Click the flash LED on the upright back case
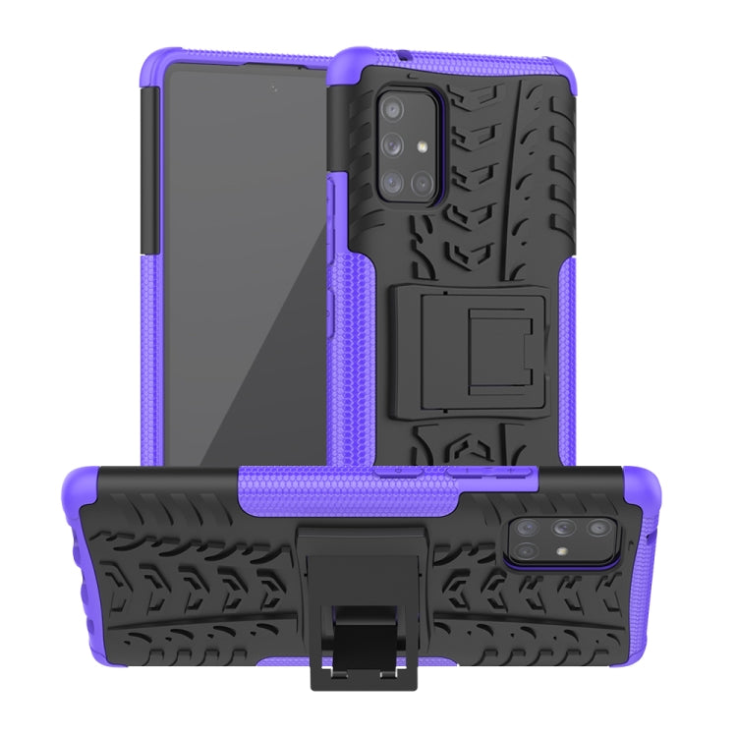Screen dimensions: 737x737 tap(425, 147)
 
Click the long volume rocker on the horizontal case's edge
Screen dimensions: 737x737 tap(470, 470)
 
